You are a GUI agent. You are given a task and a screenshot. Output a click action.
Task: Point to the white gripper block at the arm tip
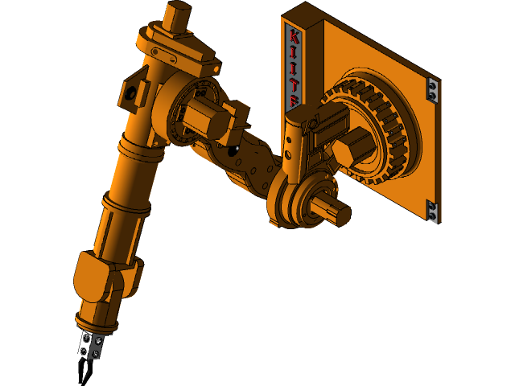click(90, 346)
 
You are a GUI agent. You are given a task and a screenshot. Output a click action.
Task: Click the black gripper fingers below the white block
click(84, 370)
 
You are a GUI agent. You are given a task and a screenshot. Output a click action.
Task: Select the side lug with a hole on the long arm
click(130, 92)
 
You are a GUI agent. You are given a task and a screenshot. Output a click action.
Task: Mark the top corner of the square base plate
click(306, 6)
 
